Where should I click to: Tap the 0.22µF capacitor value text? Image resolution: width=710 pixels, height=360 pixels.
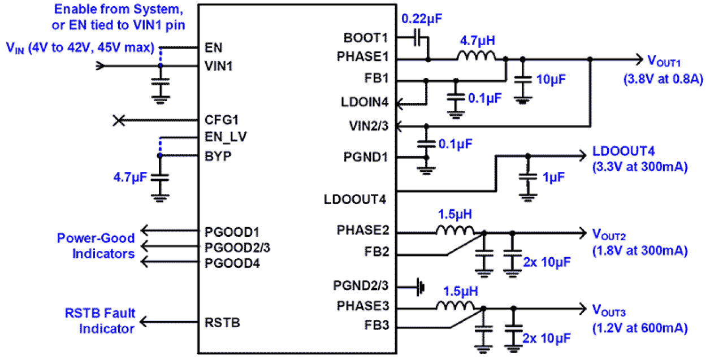pos(421,19)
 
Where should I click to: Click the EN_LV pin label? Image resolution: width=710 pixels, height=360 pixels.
pos(226,137)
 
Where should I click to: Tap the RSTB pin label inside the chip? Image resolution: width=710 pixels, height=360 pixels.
pos(221,323)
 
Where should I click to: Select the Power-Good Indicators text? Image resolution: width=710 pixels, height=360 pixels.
pos(96,246)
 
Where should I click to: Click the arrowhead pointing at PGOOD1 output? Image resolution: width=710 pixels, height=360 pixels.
pos(145,230)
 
